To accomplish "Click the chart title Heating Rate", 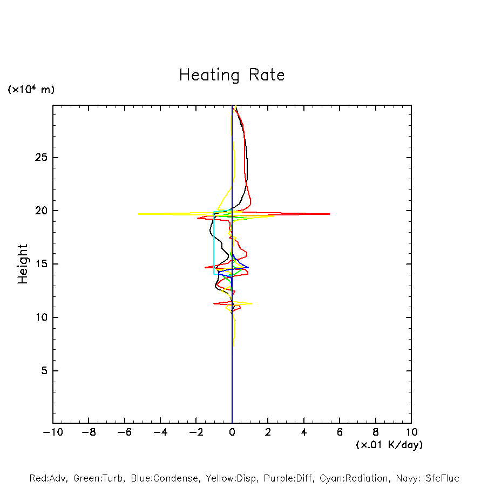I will pyautogui.click(x=232, y=75).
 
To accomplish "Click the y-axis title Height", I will pyautogui.click(x=23, y=264).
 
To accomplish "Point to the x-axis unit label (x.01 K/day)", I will pyautogui.click(x=389, y=445).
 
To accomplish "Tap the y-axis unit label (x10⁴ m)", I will pyautogui.click(x=31, y=90).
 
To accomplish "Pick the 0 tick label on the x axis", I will pyautogui.click(x=232, y=432).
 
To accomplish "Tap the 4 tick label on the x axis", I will pyautogui.click(x=304, y=432).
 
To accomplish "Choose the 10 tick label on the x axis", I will pyautogui.click(x=411, y=432).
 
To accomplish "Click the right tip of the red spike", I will pyautogui.click(x=329, y=214).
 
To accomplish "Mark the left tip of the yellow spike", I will pyautogui.click(x=139, y=214).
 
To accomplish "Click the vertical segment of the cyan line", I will pyautogui.click(x=214, y=246).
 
